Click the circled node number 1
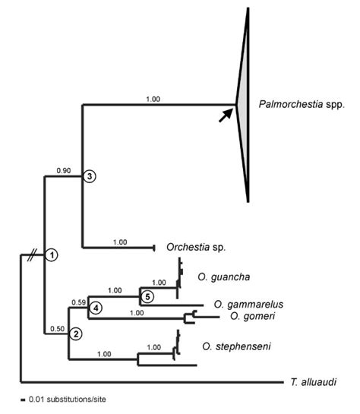(51, 254)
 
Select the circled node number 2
(75, 333)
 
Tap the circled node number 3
(89, 176)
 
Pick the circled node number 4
(96, 308)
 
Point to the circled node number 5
(149, 296)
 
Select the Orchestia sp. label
(197, 247)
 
